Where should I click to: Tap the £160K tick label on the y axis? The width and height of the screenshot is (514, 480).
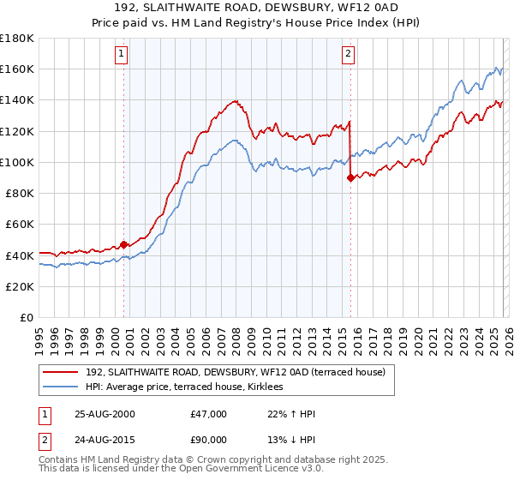tap(17, 69)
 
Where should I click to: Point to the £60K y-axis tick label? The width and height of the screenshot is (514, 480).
tap(20, 224)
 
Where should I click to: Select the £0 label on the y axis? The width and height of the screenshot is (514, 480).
tap(27, 317)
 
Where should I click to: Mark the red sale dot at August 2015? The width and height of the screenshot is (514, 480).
tap(350, 177)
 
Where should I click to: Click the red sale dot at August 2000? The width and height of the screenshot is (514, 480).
tap(123, 244)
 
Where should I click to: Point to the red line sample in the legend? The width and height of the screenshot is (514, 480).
tap(61, 372)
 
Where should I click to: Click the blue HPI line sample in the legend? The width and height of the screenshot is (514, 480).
tap(61, 387)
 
